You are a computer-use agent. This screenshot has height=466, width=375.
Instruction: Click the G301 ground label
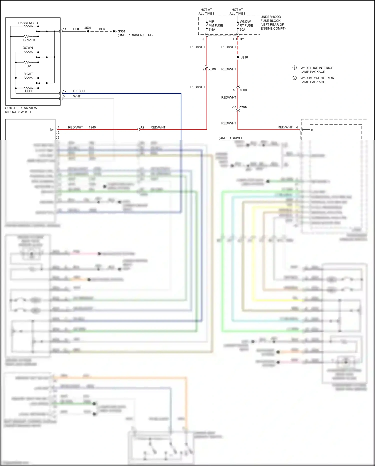[121, 31]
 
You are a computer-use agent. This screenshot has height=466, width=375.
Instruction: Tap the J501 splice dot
[88, 31]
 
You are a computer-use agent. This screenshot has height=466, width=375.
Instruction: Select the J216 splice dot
[238, 57]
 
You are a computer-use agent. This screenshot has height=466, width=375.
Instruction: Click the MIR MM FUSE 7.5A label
[216, 26]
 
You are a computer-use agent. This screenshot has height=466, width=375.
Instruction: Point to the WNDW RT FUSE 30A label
[246, 26]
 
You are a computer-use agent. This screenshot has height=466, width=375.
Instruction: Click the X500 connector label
[212, 69]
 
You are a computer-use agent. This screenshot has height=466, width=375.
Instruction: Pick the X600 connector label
[243, 90]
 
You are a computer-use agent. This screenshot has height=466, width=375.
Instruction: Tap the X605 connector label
[243, 107]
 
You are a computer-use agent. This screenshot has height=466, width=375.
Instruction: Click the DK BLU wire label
[79, 91]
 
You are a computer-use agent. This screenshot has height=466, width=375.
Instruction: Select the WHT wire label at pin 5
[77, 96]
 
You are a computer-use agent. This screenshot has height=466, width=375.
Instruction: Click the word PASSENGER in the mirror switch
[28, 23]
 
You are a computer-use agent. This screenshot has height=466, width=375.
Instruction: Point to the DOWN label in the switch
[28, 48]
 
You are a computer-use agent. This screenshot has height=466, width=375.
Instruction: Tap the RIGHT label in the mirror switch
[28, 74]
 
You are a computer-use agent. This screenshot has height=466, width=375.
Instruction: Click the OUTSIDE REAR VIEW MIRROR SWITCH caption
[21, 110]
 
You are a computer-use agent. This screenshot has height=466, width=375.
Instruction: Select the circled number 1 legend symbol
[294, 68]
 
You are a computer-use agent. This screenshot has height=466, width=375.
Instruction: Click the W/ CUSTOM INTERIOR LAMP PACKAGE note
[317, 80]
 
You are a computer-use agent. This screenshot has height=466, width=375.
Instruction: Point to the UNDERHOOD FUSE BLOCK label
[272, 23]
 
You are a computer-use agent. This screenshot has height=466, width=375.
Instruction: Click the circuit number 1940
[92, 127]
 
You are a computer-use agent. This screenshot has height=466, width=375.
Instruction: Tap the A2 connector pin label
[142, 127]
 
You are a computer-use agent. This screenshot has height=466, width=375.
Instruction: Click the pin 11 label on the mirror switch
[64, 29]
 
